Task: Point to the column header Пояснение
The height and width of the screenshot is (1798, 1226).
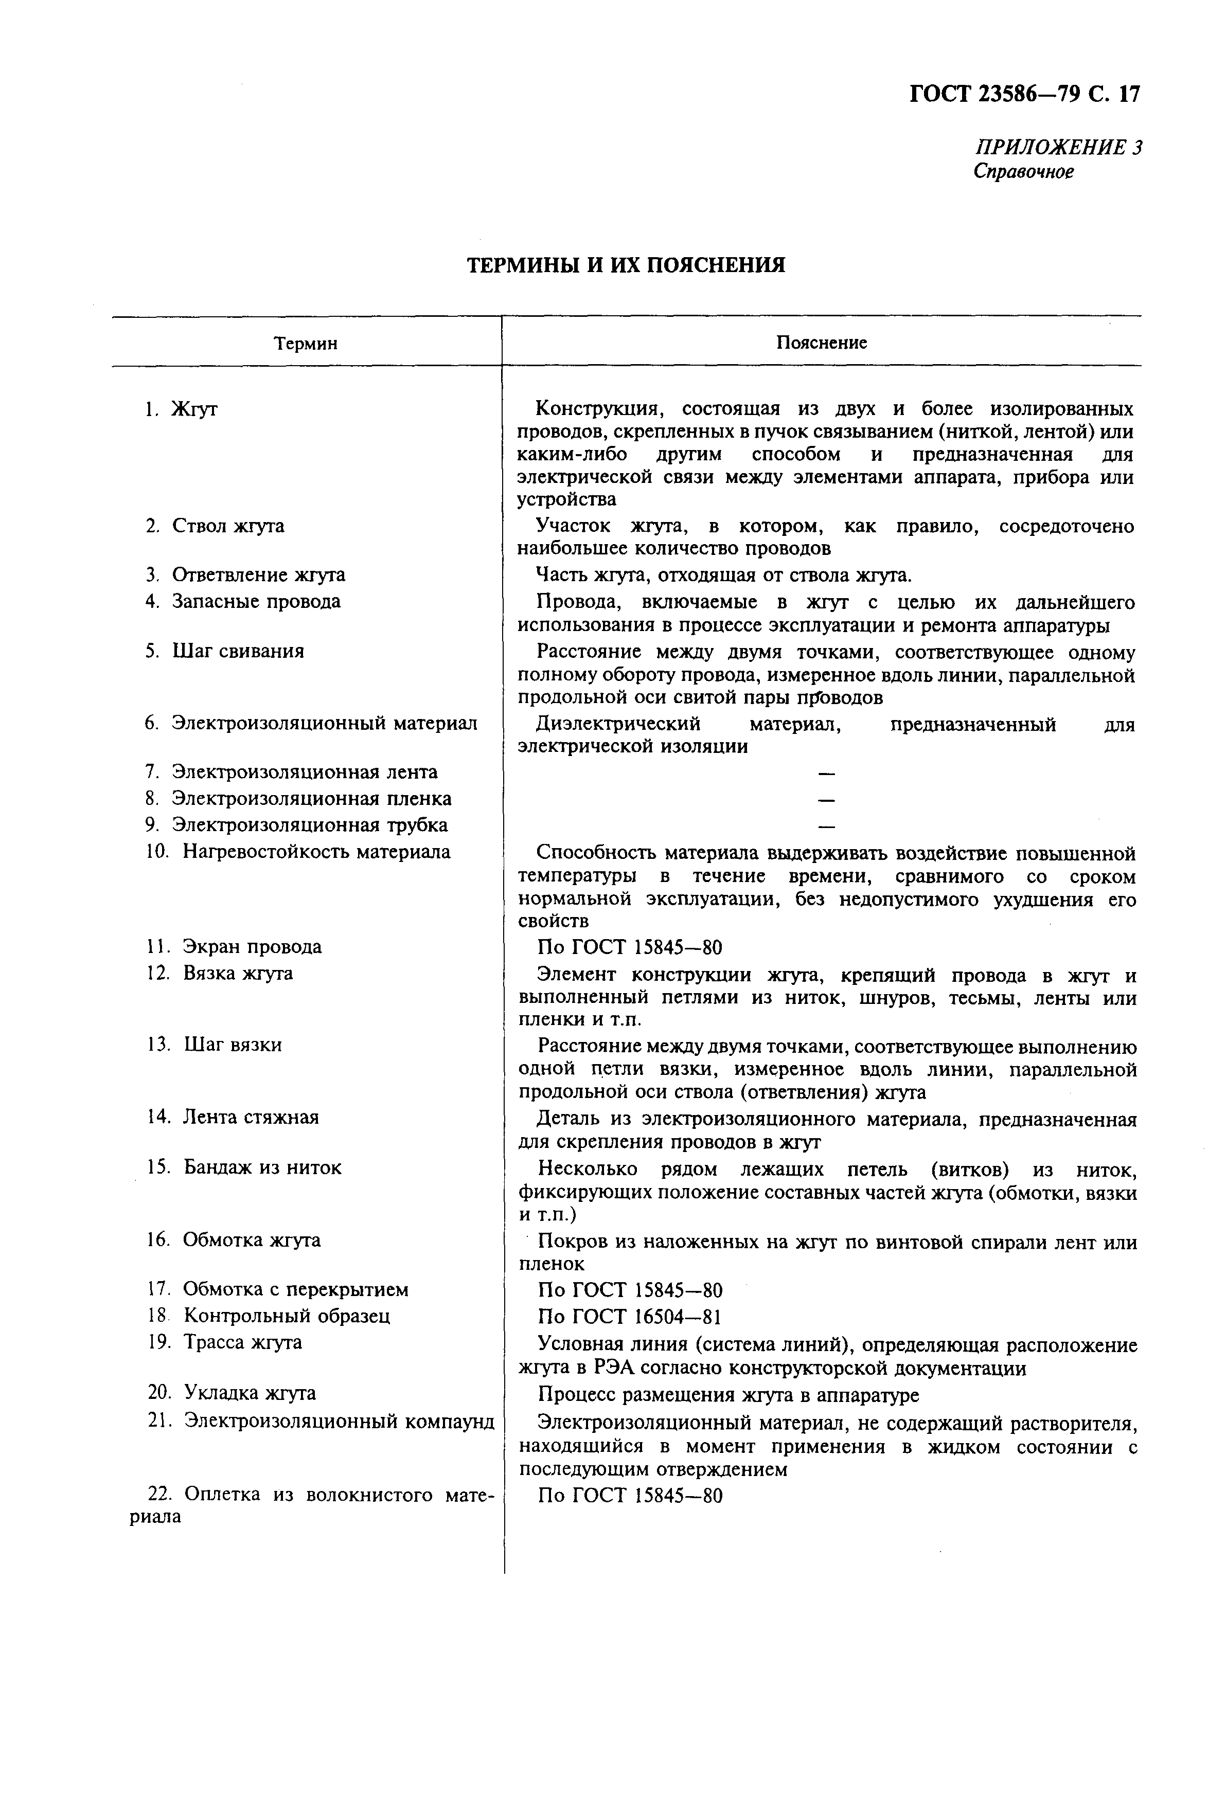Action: (x=821, y=343)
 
